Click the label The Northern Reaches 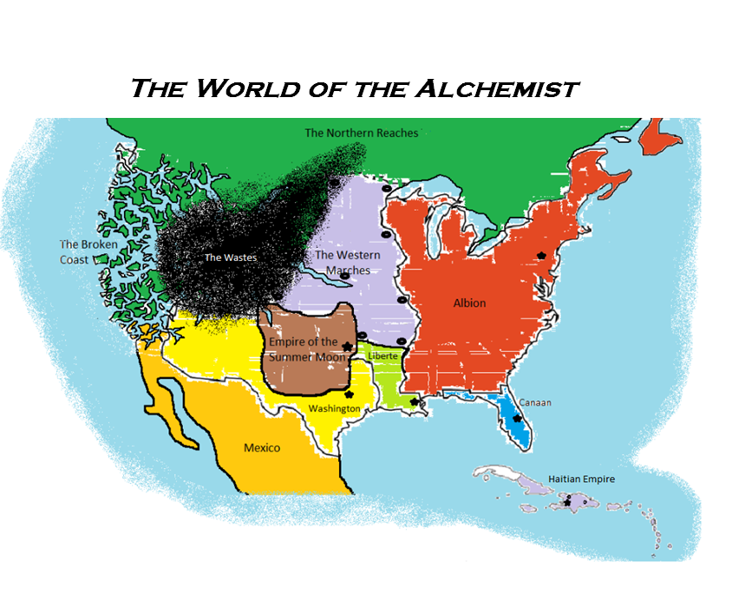point(361,133)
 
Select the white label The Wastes point(230,257)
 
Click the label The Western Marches point(347,262)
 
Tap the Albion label point(469,303)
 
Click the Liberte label point(382,356)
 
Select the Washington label point(335,408)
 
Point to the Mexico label point(261,447)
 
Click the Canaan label point(535,402)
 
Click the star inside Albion point(542,256)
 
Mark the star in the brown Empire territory point(347,347)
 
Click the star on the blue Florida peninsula point(517,419)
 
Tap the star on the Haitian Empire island point(567,501)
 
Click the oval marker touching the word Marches point(345,277)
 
